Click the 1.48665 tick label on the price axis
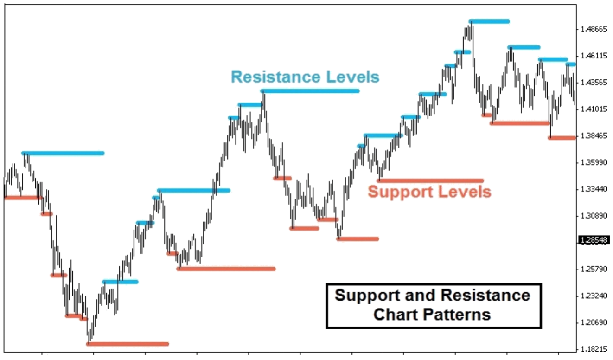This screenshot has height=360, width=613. pyautogui.click(x=594, y=29)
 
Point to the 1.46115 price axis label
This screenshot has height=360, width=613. pyautogui.click(x=594, y=56)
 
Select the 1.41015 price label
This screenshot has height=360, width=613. pyautogui.click(x=594, y=109)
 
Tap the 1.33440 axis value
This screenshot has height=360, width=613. pyautogui.click(x=594, y=189)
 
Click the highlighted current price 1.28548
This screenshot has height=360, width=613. pyautogui.click(x=594, y=240)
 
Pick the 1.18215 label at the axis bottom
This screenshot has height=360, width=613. pyautogui.click(x=594, y=349)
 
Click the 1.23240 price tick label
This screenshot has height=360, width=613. pyautogui.click(x=594, y=296)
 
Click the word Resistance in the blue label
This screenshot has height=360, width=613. pyautogui.click(x=276, y=77)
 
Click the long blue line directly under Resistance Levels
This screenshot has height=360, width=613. pyautogui.click(x=310, y=91)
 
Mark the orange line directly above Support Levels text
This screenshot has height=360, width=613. pyautogui.click(x=430, y=180)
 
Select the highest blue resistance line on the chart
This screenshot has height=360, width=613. pyautogui.click(x=489, y=21)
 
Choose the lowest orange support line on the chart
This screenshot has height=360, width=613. pyautogui.click(x=128, y=344)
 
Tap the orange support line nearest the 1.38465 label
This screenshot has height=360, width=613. pyautogui.click(x=562, y=138)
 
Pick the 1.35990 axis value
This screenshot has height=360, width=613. pyautogui.click(x=594, y=163)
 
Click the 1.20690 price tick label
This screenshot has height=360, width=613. pyautogui.click(x=594, y=322)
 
